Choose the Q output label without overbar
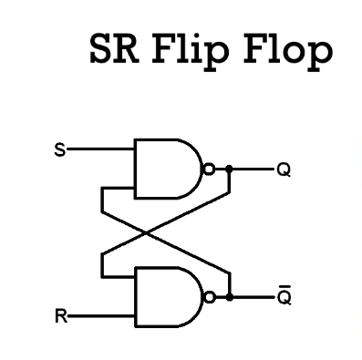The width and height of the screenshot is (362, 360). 284,170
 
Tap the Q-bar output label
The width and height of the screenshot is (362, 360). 284,298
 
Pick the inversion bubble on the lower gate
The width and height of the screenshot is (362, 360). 210,297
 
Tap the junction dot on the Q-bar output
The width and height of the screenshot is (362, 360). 229,297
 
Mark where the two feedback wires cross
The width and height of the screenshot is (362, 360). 164,233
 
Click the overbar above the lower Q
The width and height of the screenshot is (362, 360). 284,287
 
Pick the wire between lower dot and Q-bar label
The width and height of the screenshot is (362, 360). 251,297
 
